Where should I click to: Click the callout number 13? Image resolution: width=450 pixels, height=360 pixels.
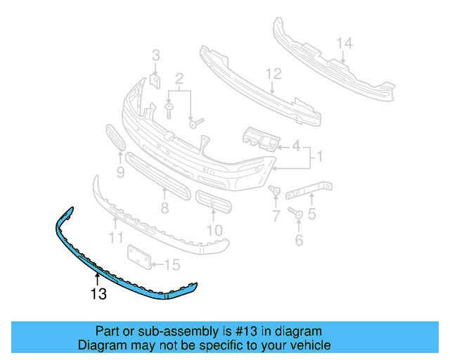coord(98,294)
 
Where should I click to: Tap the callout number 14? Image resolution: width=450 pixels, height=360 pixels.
coord(343,44)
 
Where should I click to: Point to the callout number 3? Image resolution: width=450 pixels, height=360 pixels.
coord(156,54)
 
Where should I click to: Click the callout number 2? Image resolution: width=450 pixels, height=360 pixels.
coord(179,78)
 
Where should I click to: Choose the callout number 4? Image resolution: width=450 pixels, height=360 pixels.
coord(296,146)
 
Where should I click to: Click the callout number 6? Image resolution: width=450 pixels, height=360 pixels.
coord(299,240)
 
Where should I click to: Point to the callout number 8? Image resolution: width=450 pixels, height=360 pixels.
coord(165,208)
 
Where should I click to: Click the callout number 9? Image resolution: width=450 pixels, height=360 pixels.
coord(120,172)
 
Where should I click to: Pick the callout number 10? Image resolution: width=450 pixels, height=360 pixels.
coord(214,229)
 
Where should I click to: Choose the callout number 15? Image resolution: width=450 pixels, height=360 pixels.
coord(172,265)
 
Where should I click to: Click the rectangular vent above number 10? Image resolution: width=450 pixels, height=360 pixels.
coord(213,204)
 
